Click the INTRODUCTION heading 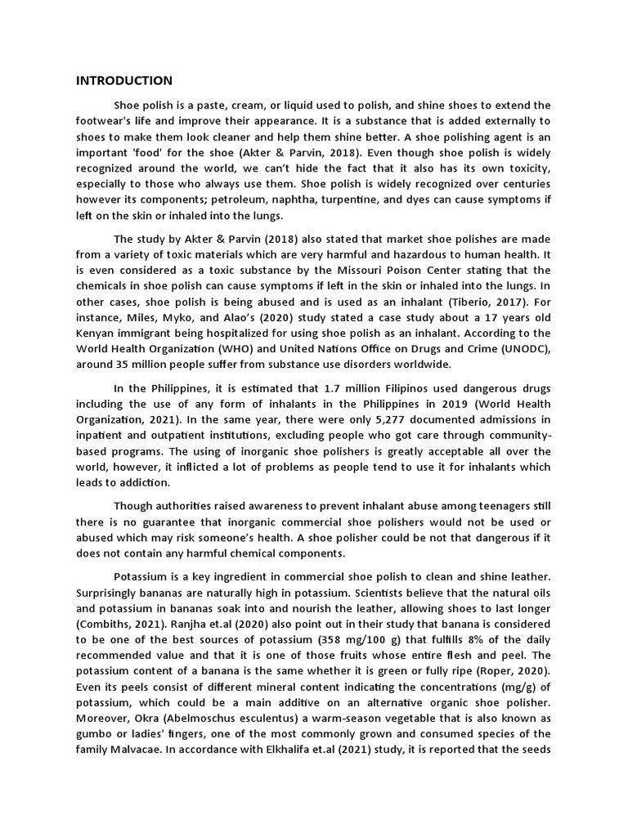(124, 80)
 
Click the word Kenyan (96, 333)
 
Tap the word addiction (141, 483)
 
